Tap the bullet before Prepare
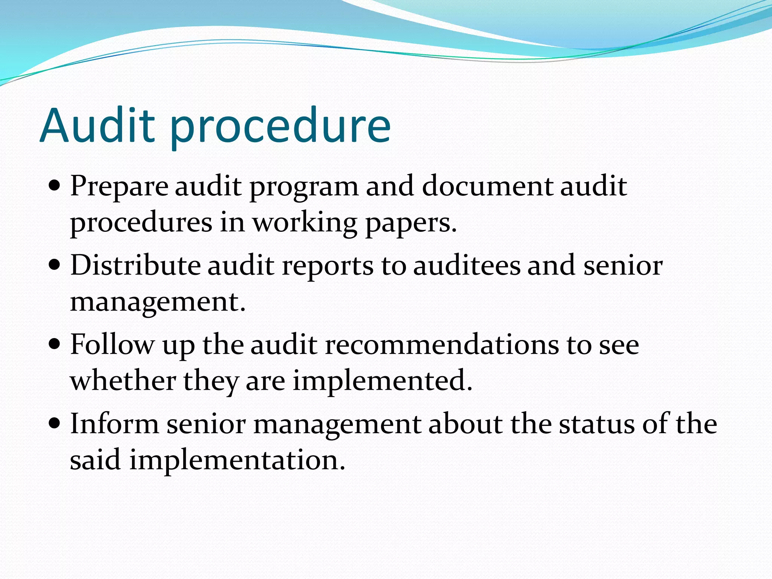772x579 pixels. (55, 186)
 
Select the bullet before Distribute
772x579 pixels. (55, 265)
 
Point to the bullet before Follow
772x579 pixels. (55, 344)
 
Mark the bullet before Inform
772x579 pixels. (55, 423)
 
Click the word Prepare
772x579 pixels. (119, 187)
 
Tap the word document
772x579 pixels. (487, 186)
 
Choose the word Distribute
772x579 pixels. (135, 265)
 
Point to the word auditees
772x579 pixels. (467, 265)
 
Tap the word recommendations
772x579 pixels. (442, 344)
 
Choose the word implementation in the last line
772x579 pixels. (237, 460)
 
